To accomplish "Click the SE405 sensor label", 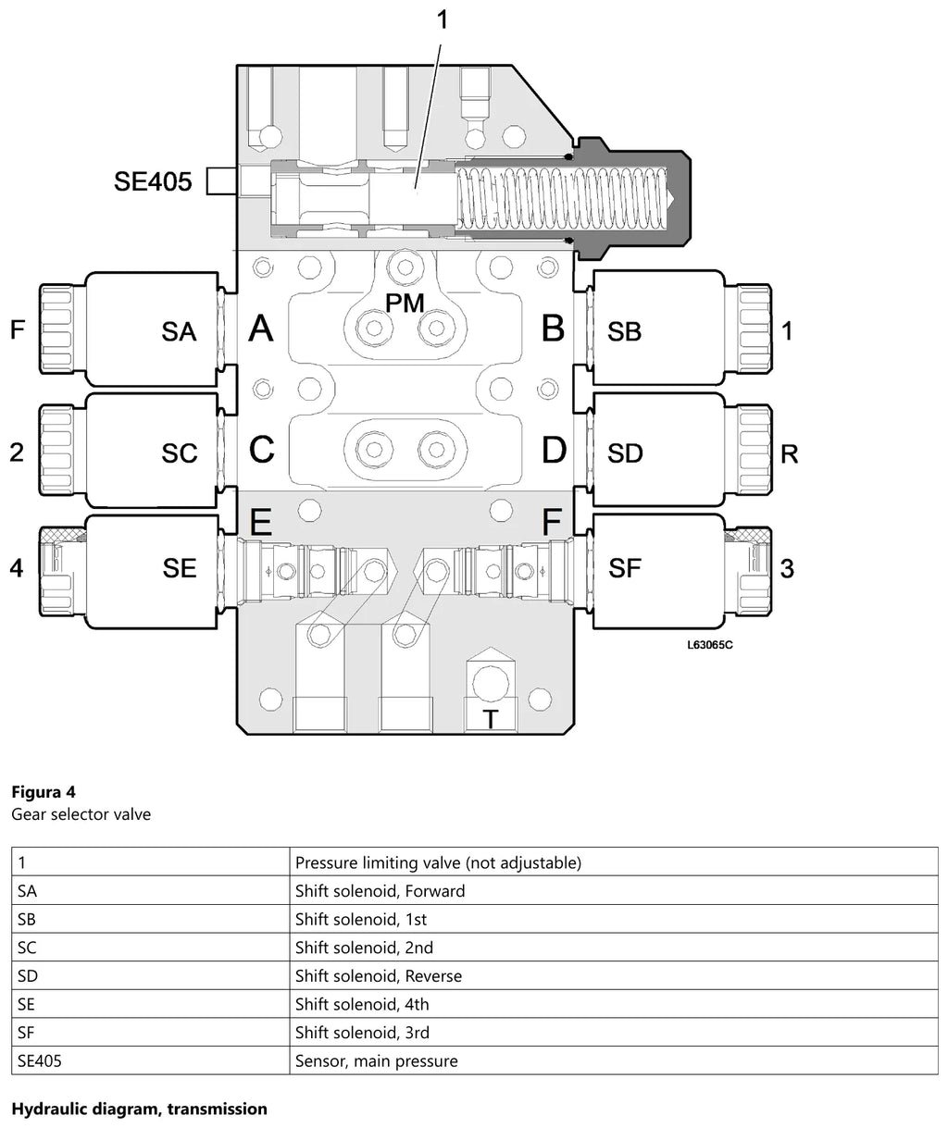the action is point(153,181).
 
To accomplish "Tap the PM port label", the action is point(405,304).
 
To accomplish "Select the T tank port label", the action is point(491,720).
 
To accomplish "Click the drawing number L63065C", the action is point(710,644).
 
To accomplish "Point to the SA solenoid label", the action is point(179,331).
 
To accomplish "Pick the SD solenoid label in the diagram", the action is point(625,453).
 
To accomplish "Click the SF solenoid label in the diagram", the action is point(624,568).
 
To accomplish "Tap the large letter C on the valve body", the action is point(262,450).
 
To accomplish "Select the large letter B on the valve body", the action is point(553,328).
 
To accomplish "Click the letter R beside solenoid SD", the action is point(789,453).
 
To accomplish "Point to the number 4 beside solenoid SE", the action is point(17,568).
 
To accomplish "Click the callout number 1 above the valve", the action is point(443,20).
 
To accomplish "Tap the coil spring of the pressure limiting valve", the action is point(562,197).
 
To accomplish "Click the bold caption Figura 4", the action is point(44,792).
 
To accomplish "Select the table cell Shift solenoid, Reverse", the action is point(379,975).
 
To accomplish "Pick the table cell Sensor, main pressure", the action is point(376,1060).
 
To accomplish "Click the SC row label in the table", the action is point(27,948).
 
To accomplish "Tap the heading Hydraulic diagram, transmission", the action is point(140,1109).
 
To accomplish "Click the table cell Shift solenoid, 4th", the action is point(362,1004).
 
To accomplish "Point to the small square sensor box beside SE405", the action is point(221,181).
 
